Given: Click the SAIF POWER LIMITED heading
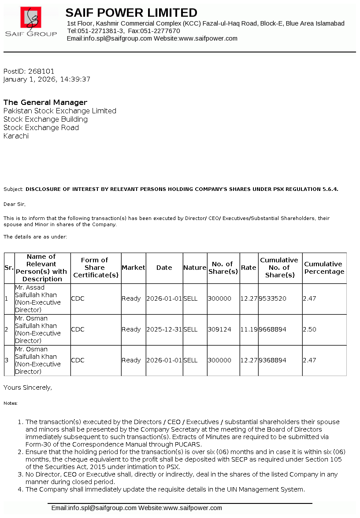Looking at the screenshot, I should [131, 12].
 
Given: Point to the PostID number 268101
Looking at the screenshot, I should [41, 71].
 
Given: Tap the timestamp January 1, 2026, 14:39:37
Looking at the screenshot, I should [47, 79].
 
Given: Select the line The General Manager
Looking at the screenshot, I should [45, 102].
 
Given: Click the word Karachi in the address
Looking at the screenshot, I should [16, 136].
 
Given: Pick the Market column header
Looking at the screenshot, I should [133, 268].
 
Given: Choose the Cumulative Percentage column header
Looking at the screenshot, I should [324, 268].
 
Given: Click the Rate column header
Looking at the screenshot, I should [249, 268].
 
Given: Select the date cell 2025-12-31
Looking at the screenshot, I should [164, 329].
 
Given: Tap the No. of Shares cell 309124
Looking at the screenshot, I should [219, 329].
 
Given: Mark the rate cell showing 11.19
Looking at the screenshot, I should [249, 329].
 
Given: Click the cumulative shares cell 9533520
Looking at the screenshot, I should [272, 298].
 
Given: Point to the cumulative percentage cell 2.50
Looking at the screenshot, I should [309, 329].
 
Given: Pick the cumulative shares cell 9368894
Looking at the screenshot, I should [272, 360].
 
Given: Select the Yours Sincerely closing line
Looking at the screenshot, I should [28, 388].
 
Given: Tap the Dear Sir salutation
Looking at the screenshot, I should [15, 204].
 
